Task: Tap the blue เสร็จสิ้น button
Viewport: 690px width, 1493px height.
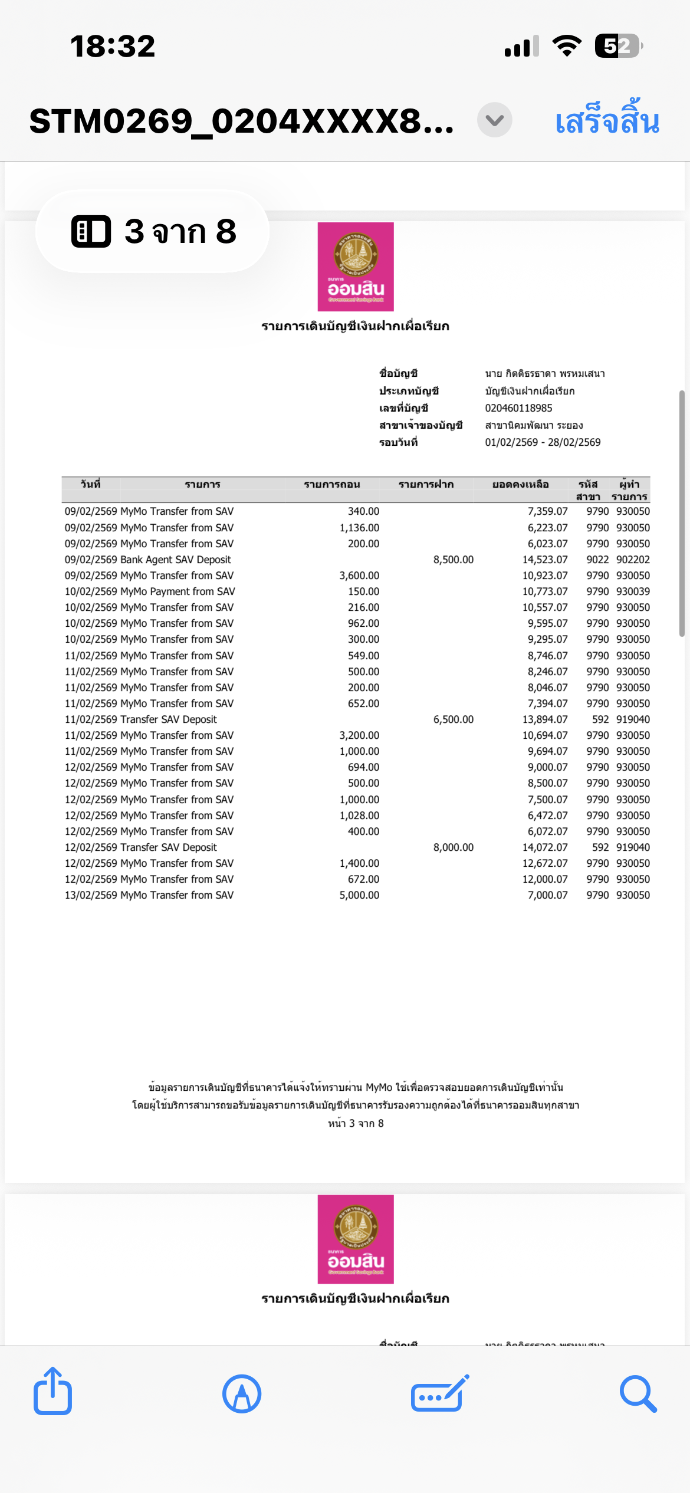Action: coord(607,121)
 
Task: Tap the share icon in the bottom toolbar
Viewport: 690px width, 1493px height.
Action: coord(52,1392)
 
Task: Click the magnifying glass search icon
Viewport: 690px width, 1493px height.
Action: coord(638,1394)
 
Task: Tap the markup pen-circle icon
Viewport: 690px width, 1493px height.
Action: coord(242,1394)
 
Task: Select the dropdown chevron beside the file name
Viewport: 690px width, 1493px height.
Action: coord(494,120)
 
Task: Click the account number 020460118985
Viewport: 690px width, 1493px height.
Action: coord(518,408)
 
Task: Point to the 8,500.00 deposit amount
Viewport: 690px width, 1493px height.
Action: coord(453,560)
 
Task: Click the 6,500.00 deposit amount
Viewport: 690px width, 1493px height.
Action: coord(453,719)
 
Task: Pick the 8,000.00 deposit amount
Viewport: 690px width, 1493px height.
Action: coord(453,847)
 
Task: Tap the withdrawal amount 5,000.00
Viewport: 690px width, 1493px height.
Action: coord(359,895)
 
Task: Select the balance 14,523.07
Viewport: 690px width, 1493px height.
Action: coord(544,560)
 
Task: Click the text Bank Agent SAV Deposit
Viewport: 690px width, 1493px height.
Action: coord(175,560)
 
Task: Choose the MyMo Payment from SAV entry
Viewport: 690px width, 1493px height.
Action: coord(178,591)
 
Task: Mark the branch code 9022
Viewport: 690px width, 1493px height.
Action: coord(597,560)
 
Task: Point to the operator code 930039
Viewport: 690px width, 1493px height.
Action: coord(633,591)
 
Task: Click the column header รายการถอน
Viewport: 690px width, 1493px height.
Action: coord(332,484)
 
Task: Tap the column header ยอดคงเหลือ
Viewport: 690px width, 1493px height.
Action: coord(520,484)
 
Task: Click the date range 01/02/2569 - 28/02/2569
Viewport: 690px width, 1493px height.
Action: coord(543,442)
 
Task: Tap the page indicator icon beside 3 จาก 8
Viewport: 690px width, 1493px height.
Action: coord(91,231)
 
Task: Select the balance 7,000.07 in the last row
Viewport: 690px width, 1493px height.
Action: coord(547,895)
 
